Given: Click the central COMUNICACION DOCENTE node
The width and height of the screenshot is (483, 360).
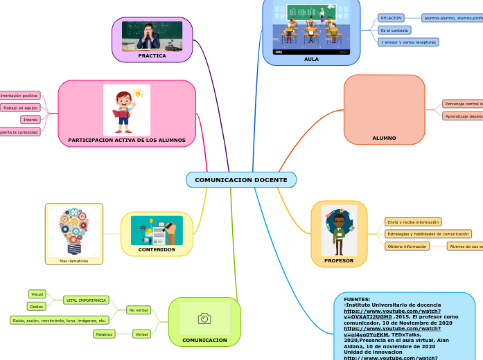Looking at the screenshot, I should pos(240,180).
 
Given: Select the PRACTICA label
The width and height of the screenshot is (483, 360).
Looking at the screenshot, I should pos(152,55).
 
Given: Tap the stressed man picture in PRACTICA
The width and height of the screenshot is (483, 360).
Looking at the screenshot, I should pos(152,36).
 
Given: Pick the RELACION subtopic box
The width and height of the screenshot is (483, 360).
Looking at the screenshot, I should pos(390,17).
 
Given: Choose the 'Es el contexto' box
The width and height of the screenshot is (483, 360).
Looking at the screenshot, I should pos(394,30).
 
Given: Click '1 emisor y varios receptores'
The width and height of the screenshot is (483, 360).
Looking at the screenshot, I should pos(408,42).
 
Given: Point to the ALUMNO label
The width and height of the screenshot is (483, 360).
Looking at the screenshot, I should pos(384,138).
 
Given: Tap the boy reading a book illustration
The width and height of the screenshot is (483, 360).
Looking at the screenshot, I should pos(126,109).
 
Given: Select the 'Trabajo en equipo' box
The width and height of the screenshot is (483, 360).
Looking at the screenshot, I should pos(20,108).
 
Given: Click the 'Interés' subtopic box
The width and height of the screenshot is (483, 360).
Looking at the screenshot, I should pos(30,120).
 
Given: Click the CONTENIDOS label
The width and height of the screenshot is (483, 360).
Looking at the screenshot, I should pos(157,249).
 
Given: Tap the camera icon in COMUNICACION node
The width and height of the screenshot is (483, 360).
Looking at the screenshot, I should pos(204,318).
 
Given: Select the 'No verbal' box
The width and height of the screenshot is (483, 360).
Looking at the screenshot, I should pos(139,310).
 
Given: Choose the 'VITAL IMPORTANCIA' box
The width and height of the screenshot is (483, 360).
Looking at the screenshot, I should pos(86,300).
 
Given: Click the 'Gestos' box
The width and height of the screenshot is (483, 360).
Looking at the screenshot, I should pos(37,306).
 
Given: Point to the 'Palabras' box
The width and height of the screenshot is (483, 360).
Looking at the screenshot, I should pos(104,334).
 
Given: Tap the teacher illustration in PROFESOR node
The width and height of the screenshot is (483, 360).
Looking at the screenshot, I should pos(339,230).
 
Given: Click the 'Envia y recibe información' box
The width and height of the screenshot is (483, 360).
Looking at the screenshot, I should pos(413,222).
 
